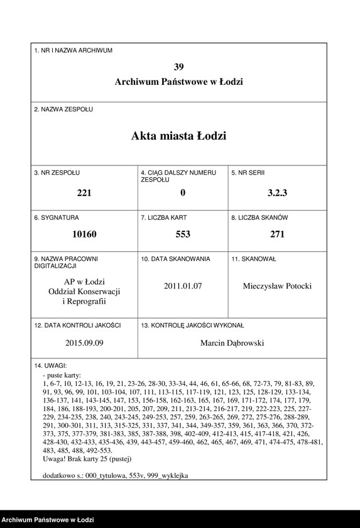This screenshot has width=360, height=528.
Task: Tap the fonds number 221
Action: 84,193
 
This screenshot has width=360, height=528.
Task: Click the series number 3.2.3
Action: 276,193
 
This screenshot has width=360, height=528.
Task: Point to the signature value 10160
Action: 84,234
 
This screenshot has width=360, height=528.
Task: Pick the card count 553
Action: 182,234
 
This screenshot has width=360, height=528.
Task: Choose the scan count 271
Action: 277,234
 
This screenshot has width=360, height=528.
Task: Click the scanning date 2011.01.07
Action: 182,286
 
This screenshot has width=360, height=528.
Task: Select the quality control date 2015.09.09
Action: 84,343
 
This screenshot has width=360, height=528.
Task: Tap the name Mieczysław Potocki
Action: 277,286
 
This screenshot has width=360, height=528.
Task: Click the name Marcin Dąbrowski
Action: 232,343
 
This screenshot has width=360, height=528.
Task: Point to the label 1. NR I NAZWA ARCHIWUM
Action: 74,50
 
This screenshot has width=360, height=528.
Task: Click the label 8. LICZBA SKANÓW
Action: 259,217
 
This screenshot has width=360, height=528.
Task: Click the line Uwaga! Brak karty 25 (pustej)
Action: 92,459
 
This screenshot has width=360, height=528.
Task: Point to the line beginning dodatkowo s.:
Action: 115,475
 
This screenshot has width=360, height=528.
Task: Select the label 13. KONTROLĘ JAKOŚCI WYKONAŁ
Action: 192,326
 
